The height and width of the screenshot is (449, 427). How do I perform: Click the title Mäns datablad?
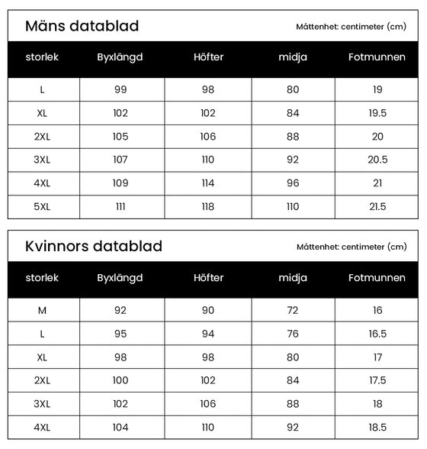[x=82, y=26]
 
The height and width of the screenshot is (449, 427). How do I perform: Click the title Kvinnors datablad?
[x=94, y=246]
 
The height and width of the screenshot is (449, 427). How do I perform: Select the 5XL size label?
[x=42, y=207]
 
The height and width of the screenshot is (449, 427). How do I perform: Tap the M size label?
[x=42, y=310]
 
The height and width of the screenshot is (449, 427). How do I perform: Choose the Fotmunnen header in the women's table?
[x=377, y=278]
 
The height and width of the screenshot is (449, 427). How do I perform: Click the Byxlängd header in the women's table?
[x=120, y=278]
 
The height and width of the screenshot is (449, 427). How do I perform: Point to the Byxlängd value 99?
[x=120, y=89]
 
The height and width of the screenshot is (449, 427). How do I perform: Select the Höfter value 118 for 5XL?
[x=208, y=207]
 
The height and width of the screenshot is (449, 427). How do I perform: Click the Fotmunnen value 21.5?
[x=377, y=207]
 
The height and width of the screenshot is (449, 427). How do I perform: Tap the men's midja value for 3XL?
[x=294, y=160]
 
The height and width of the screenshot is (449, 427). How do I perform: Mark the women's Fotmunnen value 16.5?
[x=377, y=334]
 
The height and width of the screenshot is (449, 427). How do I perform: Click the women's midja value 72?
[x=294, y=310]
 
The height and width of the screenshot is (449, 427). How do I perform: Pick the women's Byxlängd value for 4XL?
[x=120, y=428]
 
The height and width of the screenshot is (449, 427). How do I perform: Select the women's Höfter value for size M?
[x=208, y=310]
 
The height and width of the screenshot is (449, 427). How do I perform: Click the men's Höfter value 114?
[x=208, y=183]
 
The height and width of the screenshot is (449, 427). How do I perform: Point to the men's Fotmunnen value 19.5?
[x=377, y=113]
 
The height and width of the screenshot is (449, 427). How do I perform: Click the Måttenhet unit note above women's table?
[x=352, y=247]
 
